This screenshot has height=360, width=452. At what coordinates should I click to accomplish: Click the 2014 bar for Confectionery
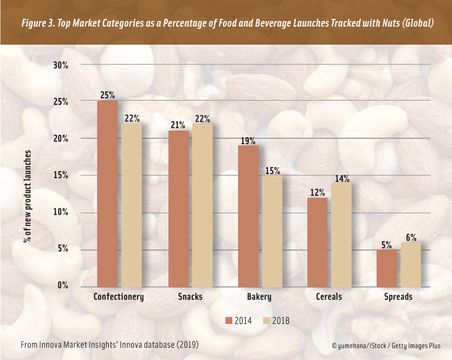click(107, 194)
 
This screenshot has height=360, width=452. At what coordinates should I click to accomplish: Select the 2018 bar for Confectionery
click(131, 205)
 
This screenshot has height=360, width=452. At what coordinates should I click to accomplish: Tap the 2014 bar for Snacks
click(178, 209)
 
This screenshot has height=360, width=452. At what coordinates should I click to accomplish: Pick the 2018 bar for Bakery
click(272, 231)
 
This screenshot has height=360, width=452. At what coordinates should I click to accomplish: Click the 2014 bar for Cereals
click(317, 242)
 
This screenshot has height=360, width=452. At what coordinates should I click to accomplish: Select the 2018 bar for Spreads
click(411, 265)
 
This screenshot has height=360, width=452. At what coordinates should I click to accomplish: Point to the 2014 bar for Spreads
click(387, 268)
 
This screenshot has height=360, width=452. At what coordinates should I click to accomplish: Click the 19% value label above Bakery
click(248, 141)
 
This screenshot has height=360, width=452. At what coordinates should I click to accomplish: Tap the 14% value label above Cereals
click(342, 179)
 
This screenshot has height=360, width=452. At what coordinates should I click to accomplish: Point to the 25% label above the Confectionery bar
click(107, 95)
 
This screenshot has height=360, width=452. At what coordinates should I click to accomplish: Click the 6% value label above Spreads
click(411, 238)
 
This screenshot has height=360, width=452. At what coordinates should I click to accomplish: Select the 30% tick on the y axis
click(61, 65)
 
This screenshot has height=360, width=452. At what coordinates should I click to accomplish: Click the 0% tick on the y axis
click(63, 285)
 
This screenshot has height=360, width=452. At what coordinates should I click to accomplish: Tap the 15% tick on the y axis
click(61, 175)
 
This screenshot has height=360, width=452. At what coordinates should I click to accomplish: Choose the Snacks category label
click(190, 297)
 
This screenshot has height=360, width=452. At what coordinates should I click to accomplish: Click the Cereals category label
click(329, 297)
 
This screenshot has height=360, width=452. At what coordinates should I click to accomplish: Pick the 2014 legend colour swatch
click(229, 321)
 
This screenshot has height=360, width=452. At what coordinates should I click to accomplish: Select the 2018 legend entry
click(277, 321)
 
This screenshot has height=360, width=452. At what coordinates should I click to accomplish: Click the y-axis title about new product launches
click(28, 196)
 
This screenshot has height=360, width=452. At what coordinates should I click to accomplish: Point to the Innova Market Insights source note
click(110, 345)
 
